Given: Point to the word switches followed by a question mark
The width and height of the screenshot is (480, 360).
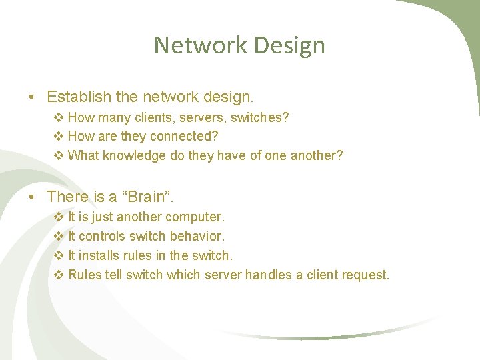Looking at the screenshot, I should [x=257, y=117].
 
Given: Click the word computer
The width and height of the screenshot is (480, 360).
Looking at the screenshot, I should [x=194, y=217].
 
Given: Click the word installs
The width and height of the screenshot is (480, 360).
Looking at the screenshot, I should [x=98, y=255].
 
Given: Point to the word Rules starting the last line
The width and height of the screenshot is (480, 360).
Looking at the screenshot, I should [x=84, y=275].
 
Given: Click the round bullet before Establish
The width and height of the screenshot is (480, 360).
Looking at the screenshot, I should [x=33, y=97].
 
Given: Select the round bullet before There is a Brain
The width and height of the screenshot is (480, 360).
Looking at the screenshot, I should [x=33, y=197].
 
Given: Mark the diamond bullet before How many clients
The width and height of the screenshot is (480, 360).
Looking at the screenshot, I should [x=58, y=117].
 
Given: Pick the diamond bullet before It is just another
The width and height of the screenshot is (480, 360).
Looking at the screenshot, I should [x=58, y=217].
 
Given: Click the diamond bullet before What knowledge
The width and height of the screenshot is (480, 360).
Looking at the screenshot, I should [x=58, y=155].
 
